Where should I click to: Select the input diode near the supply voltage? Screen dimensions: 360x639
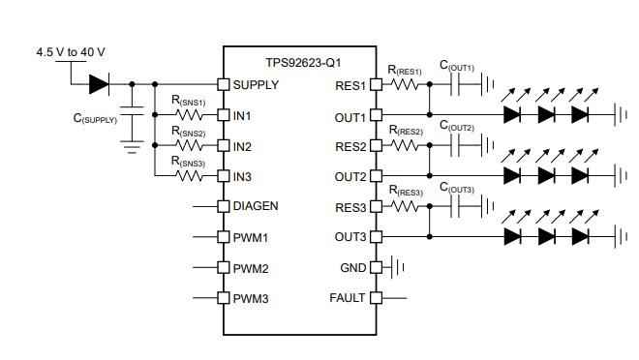pyautogui.click(x=98, y=84)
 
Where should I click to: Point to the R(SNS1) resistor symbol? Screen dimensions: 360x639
pyautogui.click(x=187, y=115)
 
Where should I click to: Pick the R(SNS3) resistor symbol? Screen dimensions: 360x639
pyautogui.click(x=187, y=176)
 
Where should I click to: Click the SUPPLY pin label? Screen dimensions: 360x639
pyautogui.click(x=256, y=84)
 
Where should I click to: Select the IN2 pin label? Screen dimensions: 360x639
pyautogui.click(x=243, y=146)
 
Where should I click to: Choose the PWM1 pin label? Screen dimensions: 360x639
pyautogui.click(x=250, y=237)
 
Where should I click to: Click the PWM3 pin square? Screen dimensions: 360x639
pyautogui.click(x=222, y=298)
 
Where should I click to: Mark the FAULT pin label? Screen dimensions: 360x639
pyautogui.click(x=348, y=298)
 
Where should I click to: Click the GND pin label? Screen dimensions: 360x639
pyautogui.click(x=353, y=267)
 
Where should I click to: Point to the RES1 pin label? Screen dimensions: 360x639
pyautogui.click(x=350, y=84)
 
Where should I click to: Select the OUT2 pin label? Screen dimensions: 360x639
pyautogui.click(x=350, y=176)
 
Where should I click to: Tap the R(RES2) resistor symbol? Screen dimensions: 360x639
pyautogui.click(x=406, y=146)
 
